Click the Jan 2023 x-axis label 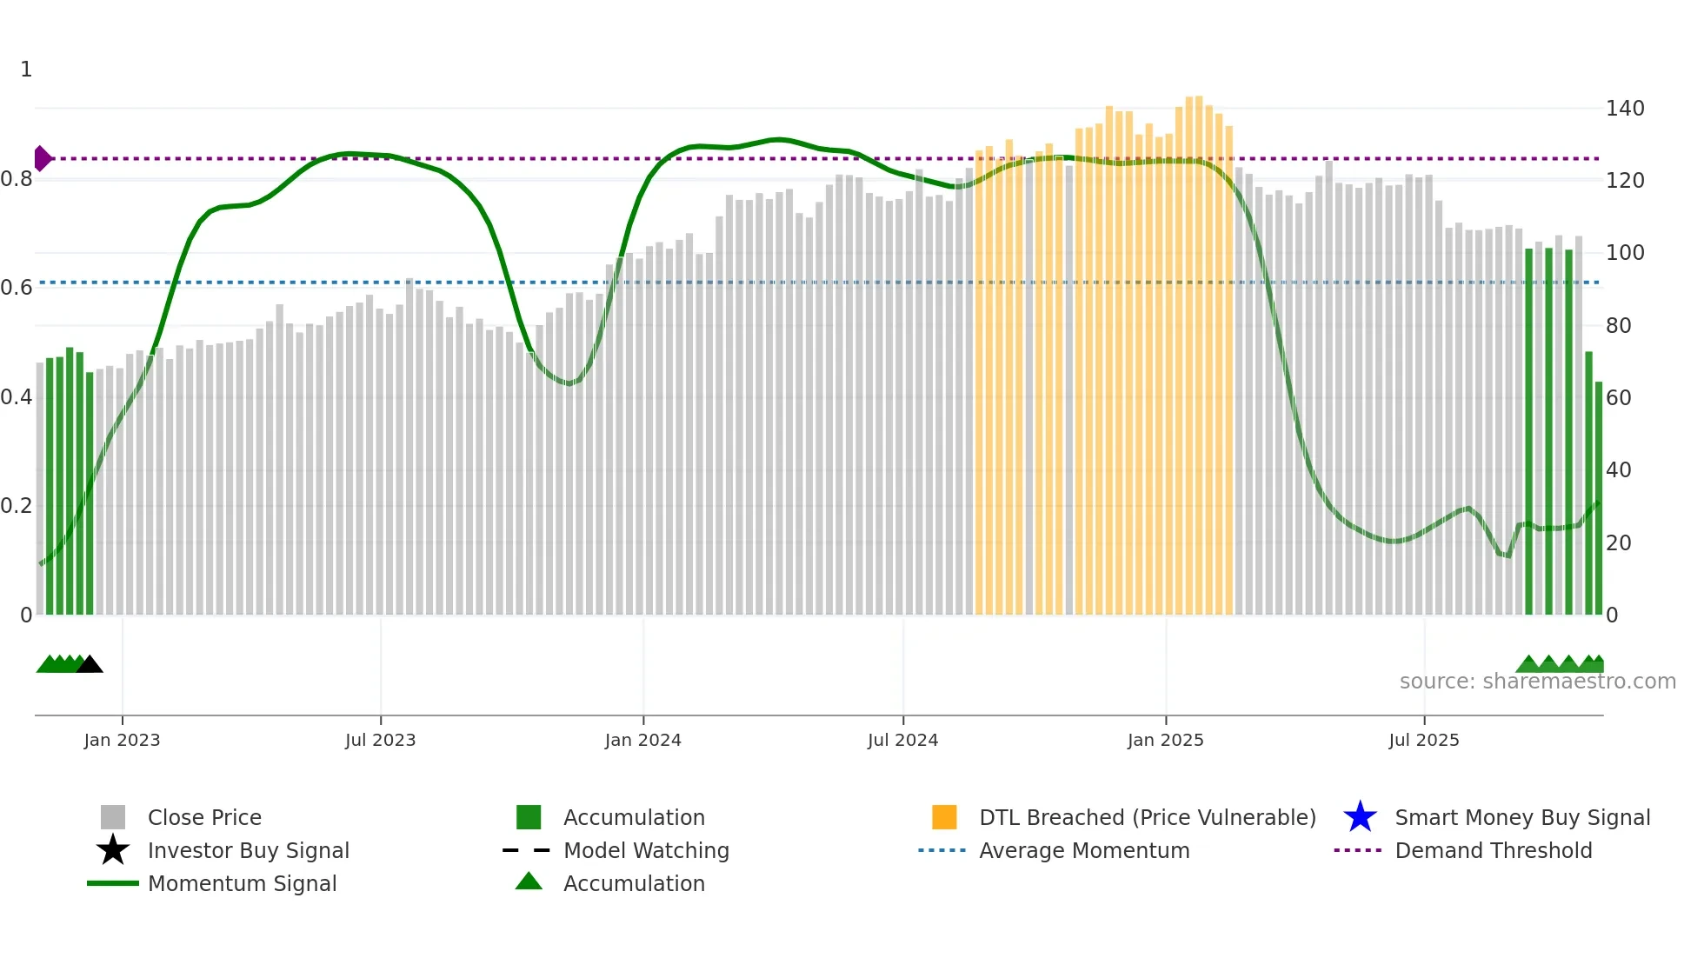coord(122,740)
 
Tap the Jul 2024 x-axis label coord(902,740)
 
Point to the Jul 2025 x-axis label coord(1423,740)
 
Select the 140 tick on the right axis coord(1624,109)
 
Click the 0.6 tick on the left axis coord(17,288)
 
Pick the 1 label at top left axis coord(26,70)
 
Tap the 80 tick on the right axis coord(1618,326)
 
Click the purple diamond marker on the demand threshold coord(42,158)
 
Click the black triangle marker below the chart coord(90,664)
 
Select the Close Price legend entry coord(204,817)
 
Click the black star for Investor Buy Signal coord(113,850)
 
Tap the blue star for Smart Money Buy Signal coord(1360,817)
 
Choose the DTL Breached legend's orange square coord(944,817)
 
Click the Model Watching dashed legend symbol coord(527,850)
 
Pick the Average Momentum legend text coord(1083,850)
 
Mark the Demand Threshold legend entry coord(1493,850)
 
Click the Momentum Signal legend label coord(242,883)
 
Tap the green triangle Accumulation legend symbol coord(529,881)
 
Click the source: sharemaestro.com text coord(1537,682)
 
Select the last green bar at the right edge coord(1598,497)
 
